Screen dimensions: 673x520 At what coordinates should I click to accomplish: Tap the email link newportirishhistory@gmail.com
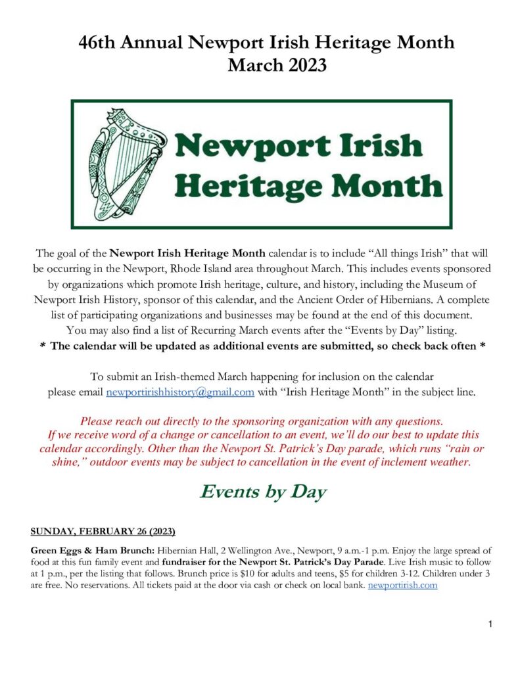click(180, 392)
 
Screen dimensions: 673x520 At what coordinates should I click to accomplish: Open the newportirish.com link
click(402, 585)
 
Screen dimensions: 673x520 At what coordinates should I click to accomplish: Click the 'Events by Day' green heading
click(263, 492)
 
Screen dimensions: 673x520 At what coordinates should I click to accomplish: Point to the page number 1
click(490, 624)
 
